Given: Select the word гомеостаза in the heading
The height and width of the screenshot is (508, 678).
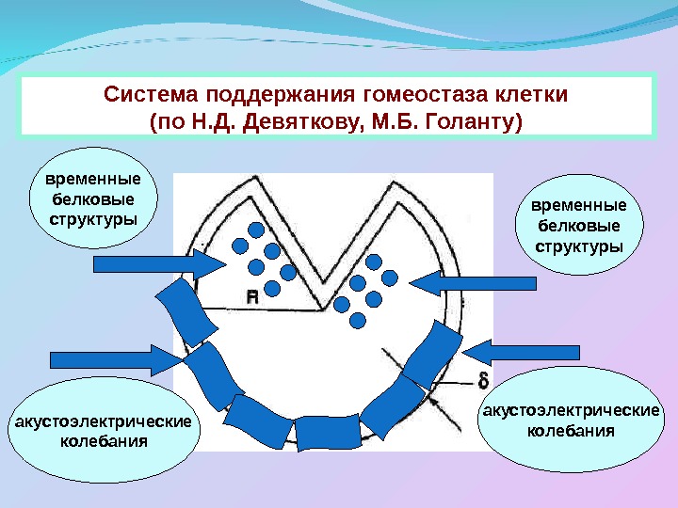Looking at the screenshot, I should click(x=407, y=96).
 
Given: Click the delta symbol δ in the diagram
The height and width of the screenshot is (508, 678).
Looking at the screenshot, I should click(x=483, y=381).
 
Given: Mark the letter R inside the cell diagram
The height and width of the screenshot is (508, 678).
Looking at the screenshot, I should click(x=251, y=296).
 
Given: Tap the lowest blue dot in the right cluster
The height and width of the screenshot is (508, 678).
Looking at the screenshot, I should click(x=358, y=320).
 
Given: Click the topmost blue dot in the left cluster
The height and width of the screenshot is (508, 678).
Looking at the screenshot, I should click(x=255, y=230).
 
